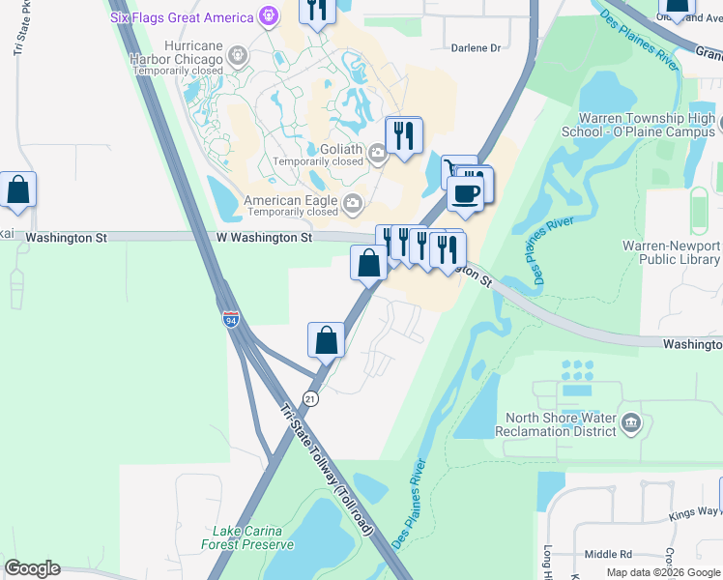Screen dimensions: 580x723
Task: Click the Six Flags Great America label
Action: tap(181, 16)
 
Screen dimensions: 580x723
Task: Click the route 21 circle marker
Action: tap(309, 397)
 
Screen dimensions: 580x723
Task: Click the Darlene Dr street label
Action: tap(477, 47)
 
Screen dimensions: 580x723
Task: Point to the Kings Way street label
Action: tap(697, 510)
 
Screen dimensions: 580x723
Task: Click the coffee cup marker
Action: tap(465, 191)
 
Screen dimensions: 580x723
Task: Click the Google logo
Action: tap(32, 568)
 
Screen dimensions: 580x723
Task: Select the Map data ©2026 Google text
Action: tap(663, 572)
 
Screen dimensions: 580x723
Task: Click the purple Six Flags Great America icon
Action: tap(269, 16)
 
